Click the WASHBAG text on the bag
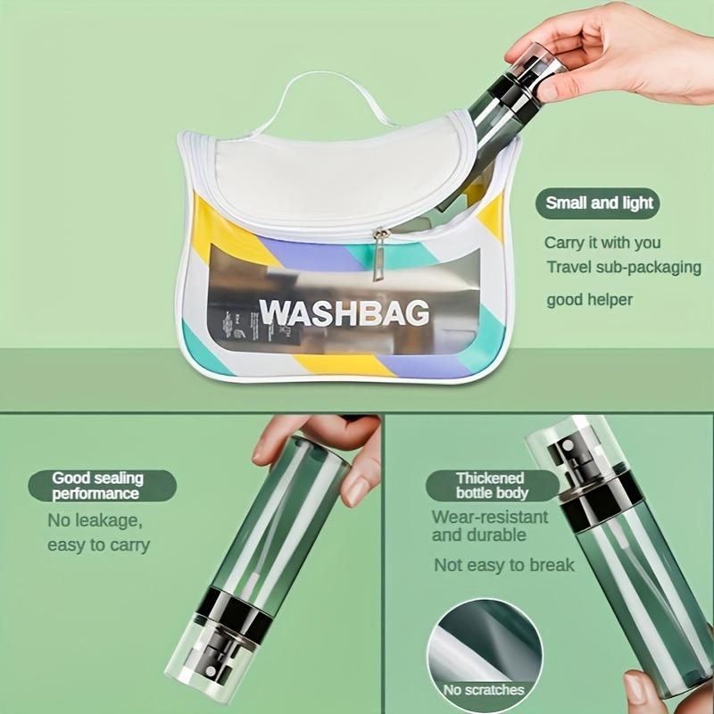pyautogui.click(x=344, y=312)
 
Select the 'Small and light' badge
pyautogui.click(x=600, y=203)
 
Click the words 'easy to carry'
pyautogui.click(x=98, y=544)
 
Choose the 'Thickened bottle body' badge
pyautogui.click(x=492, y=486)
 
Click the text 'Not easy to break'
pyautogui.click(x=504, y=565)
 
